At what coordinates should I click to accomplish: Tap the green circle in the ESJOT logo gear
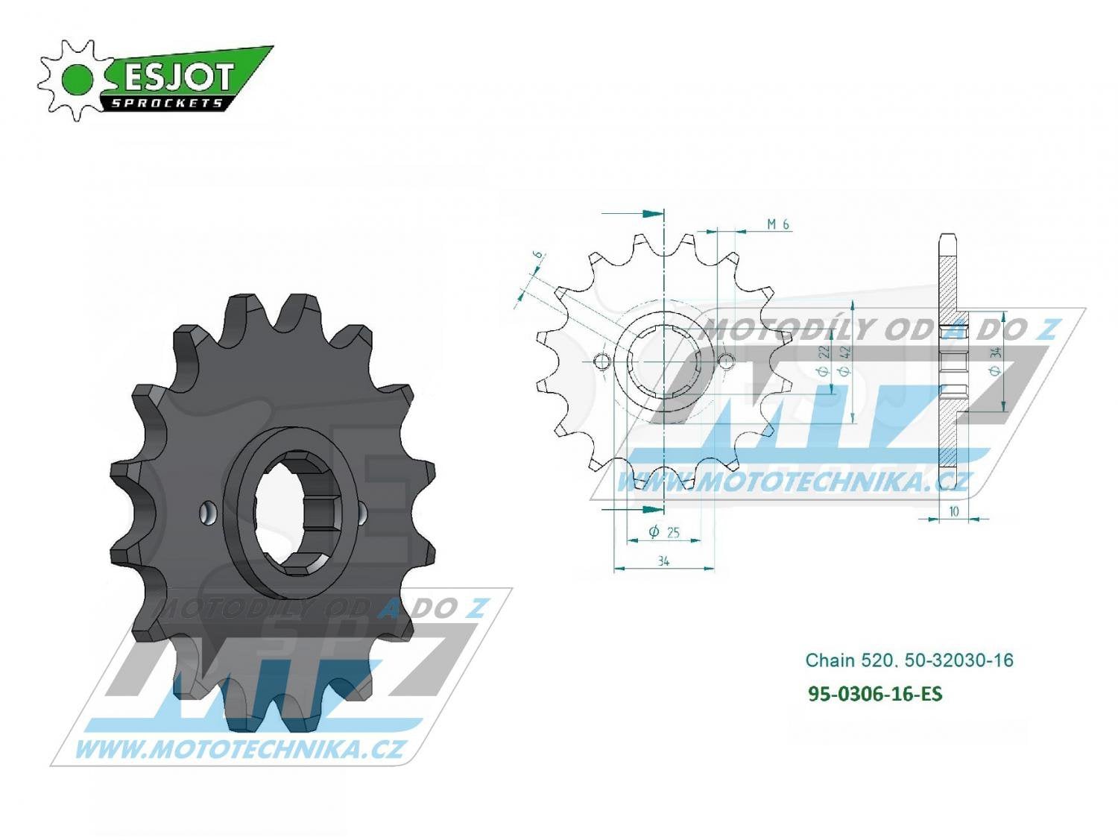pyautogui.click(x=78, y=80)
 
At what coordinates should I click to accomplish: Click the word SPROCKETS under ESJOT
pyautogui.click(x=167, y=103)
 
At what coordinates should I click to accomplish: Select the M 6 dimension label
pyautogui.click(x=777, y=224)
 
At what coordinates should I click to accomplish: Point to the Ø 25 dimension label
pyautogui.click(x=663, y=532)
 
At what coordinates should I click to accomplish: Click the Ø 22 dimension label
pyautogui.click(x=824, y=361)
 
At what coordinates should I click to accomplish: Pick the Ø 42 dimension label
pyautogui.click(x=845, y=361)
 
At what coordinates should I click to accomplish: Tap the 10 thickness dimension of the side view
pyautogui.click(x=953, y=512)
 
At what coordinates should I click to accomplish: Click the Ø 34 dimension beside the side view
pyautogui.click(x=996, y=361)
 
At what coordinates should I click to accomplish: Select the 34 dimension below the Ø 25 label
pyautogui.click(x=663, y=561)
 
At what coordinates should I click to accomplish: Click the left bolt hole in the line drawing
pyautogui.click(x=601, y=362)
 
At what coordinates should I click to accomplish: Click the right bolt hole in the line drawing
pyautogui.click(x=726, y=362)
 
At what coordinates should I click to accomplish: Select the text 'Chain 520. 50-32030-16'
pyautogui.click(x=909, y=660)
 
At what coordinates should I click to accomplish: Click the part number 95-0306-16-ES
pyautogui.click(x=875, y=694)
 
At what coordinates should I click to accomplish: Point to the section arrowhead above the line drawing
pyautogui.click(x=653, y=214)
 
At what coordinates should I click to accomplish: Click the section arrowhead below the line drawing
pyautogui.click(x=653, y=510)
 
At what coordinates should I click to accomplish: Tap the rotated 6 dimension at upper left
pyautogui.click(x=537, y=256)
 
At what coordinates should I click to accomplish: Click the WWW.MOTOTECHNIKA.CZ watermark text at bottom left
pyautogui.click(x=239, y=748)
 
